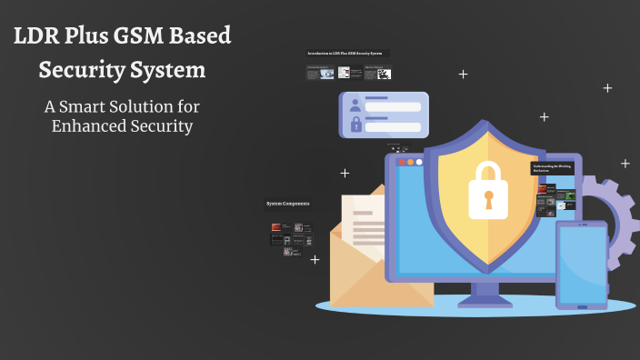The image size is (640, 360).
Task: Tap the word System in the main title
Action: point(166,70)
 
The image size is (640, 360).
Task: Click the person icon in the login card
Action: point(355,105)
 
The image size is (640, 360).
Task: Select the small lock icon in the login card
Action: point(355,125)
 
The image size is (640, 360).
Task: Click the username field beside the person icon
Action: point(393,106)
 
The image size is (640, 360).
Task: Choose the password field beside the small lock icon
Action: point(393,126)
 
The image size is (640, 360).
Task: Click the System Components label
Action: point(288,204)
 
